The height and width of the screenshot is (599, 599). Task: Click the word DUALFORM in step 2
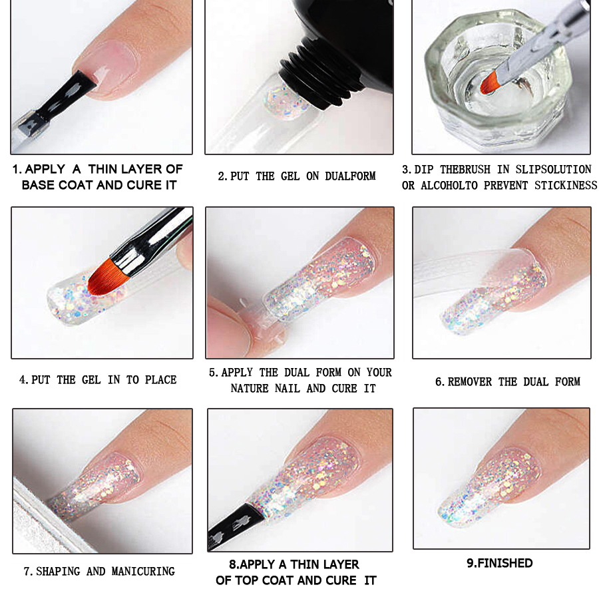tap(350, 176)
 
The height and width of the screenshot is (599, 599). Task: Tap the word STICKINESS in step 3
tap(566, 185)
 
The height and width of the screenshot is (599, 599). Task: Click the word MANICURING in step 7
tap(143, 572)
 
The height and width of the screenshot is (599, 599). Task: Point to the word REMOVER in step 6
tap(469, 381)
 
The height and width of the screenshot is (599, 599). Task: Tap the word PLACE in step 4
tap(160, 380)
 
